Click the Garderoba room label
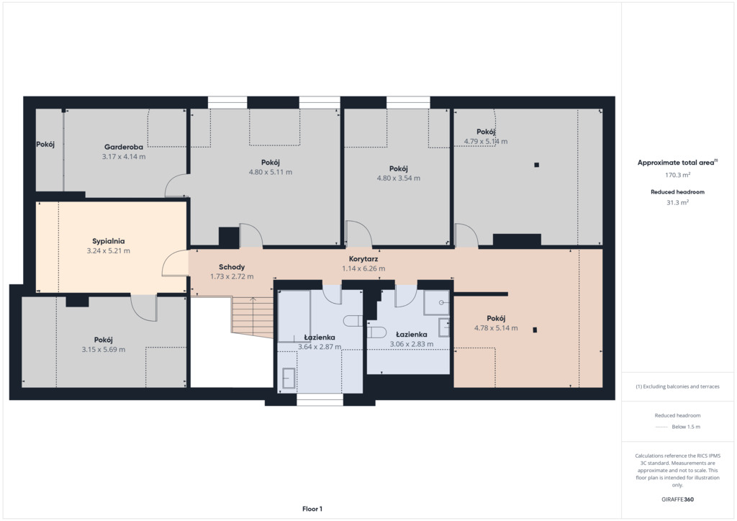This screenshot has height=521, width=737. coord(124,147)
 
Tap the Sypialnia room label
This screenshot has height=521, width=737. coord(109,241)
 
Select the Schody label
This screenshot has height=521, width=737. coord(232,267)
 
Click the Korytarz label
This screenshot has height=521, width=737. coord(363,259)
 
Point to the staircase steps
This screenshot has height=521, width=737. coord(253,317)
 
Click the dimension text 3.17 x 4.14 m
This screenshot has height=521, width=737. coord(124,157)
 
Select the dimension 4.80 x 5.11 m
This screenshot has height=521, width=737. coord(271,173)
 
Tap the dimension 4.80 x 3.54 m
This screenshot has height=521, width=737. coord(399,178)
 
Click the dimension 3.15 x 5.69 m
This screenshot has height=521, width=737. coord(104,350)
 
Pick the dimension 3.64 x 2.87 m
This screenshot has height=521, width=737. coord(320,347)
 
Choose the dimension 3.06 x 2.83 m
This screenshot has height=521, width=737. coord(411,344)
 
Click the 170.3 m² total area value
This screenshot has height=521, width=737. coord(677,175)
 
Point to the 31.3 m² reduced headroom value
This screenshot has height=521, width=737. coord(677,202)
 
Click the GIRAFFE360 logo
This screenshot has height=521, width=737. coord(677,499)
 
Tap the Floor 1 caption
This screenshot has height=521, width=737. coord(312,509)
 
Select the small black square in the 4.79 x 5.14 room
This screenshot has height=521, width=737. coord(536,165)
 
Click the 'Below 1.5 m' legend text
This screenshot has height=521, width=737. coord(686,427)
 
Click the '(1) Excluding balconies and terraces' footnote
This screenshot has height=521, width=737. coord(677,386)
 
